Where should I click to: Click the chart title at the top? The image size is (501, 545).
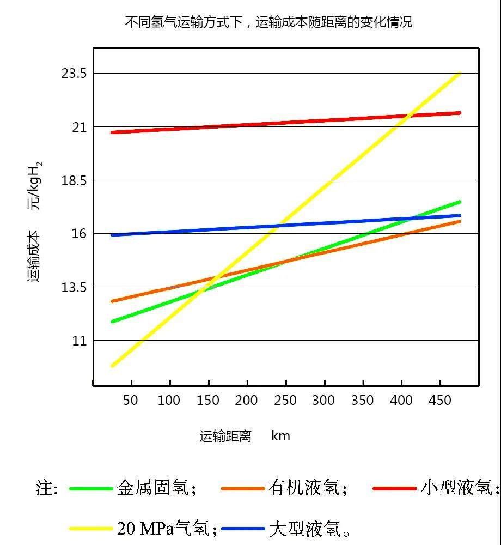(268, 22)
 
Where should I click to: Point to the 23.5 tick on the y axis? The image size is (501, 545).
(74, 74)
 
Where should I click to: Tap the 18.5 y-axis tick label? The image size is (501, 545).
(74, 180)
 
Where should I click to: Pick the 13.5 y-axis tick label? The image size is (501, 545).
(74, 287)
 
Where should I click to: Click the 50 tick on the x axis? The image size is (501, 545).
(130, 401)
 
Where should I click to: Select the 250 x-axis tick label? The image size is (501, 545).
(285, 401)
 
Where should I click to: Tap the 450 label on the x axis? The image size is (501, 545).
(439, 401)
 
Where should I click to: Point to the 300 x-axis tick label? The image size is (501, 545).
(323, 401)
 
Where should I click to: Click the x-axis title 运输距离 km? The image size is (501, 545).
(245, 436)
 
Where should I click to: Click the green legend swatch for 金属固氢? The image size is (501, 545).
(91, 489)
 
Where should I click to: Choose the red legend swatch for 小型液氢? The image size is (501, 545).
(394, 489)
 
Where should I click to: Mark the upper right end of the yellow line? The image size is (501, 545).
(460, 73)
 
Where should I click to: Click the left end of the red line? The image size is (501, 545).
(112, 132)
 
